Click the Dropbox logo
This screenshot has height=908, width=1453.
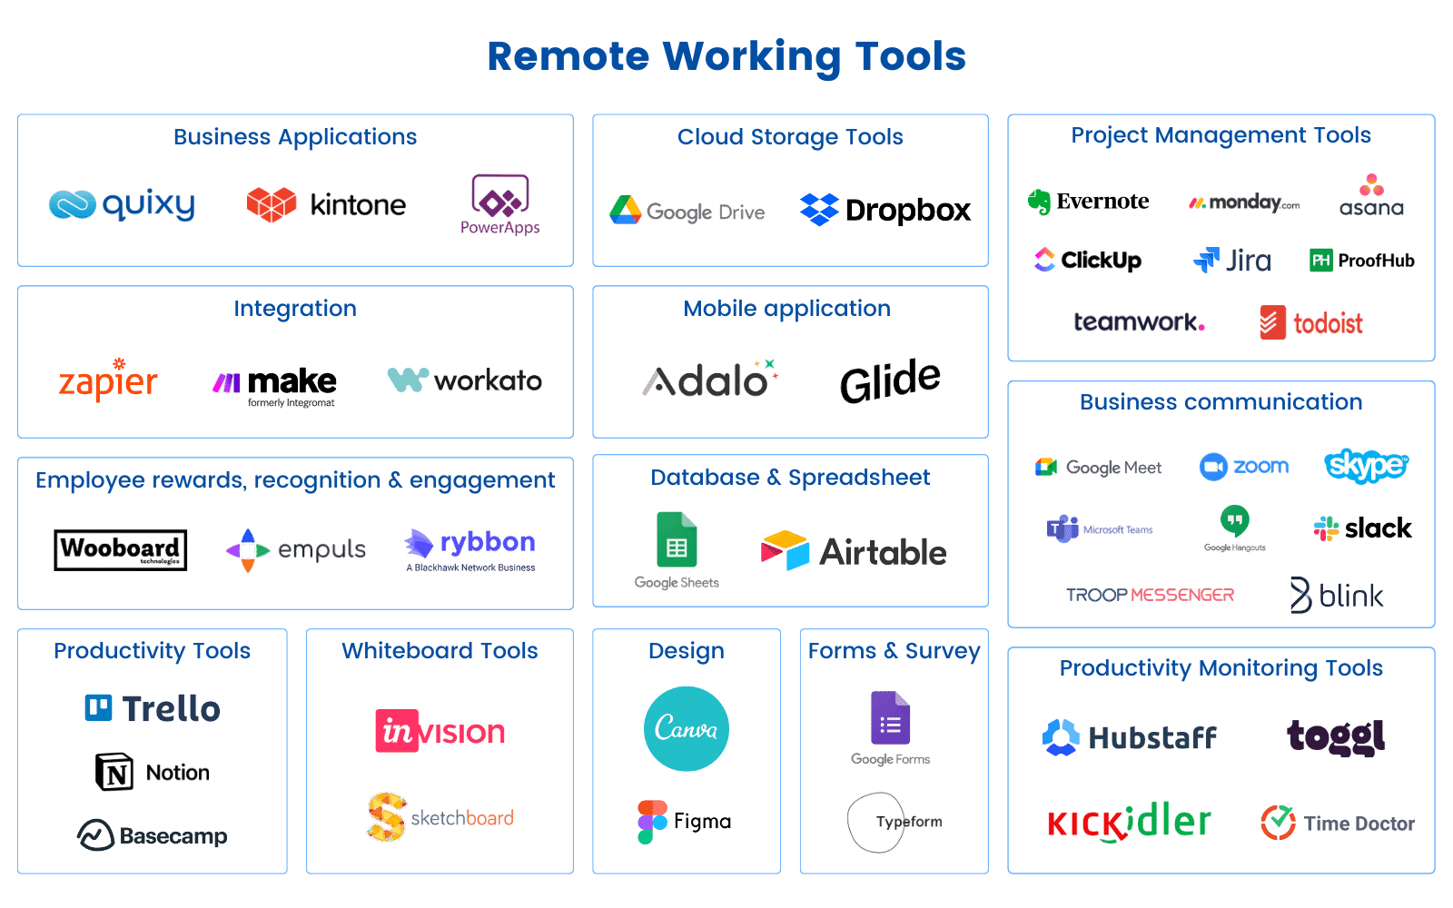(885, 211)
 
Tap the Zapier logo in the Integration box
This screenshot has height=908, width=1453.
(107, 380)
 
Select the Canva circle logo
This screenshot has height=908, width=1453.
(687, 729)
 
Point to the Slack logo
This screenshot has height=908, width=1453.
(1363, 528)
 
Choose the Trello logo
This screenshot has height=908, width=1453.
(153, 708)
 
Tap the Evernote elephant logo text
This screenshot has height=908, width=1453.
(1089, 202)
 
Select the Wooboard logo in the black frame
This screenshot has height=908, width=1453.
(120, 549)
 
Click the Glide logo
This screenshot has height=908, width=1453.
(890, 380)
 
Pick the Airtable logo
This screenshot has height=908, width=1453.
(854, 551)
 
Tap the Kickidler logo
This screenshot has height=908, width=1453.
(1128, 823)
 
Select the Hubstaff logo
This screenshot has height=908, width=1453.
(1130, 737)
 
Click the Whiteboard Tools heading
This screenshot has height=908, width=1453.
(440, 651)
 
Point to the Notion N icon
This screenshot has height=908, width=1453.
(114, 773)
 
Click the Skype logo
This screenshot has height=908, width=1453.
(1365, 466)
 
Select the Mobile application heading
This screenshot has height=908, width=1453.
(786, 309)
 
